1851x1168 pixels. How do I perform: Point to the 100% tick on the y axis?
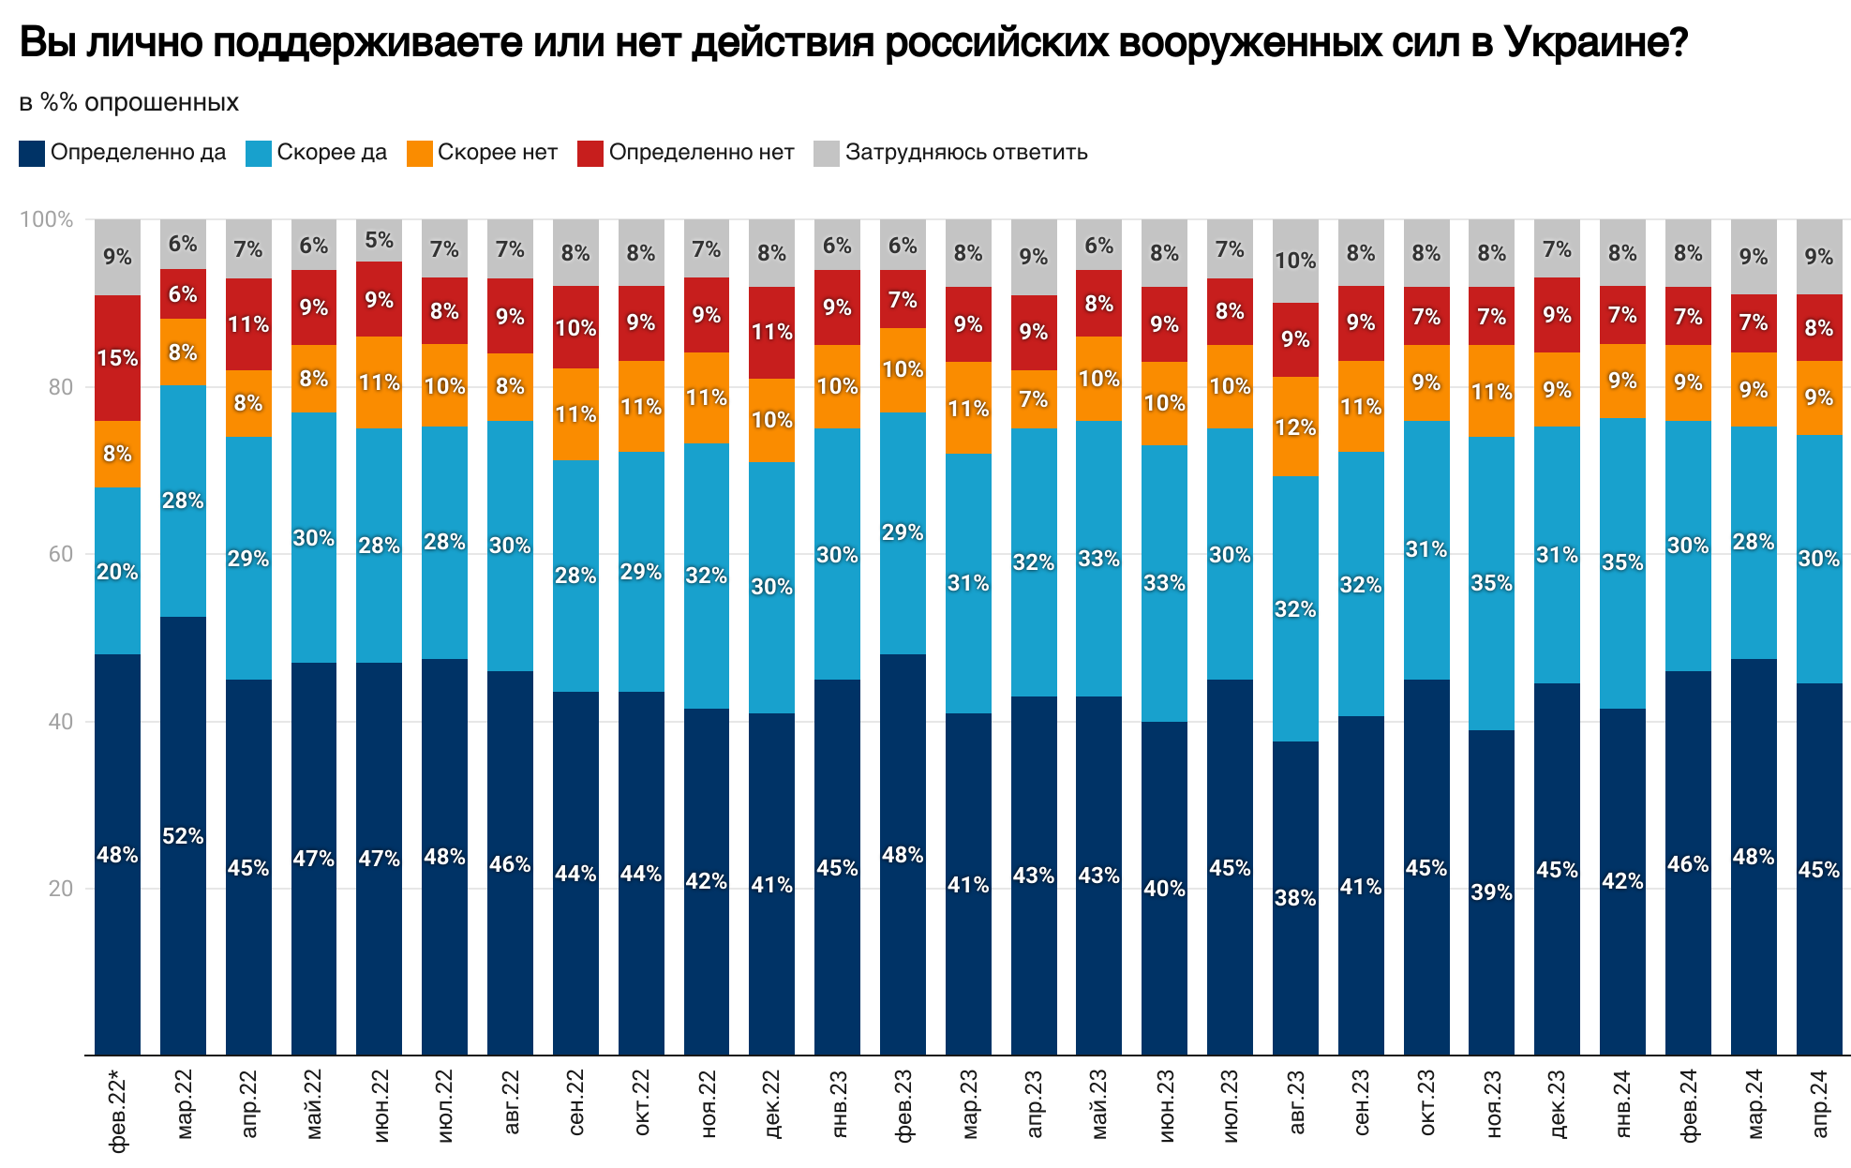[x=46, y=219]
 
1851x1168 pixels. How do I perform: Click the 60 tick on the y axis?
[x=60, y=554]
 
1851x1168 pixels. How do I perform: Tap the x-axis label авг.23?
[x=1296, y=1103]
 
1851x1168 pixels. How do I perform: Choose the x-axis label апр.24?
[x=1819, y=1103]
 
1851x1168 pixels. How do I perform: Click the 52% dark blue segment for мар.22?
[x=183, y=834]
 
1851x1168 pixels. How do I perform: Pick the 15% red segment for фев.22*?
[x=118, y=358]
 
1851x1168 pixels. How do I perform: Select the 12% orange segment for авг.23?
[x=1295, y=427]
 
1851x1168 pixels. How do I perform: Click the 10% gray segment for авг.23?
[x=1295, y=261]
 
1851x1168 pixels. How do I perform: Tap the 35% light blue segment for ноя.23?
[x=1491, y=583]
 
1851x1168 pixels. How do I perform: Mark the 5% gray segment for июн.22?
[x=380, y=240]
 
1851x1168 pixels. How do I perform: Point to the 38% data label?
[x=1295, y=898]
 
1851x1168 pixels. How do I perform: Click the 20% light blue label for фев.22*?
[x=118, y=571]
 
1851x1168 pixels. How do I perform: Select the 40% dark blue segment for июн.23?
[x=1165, y=888]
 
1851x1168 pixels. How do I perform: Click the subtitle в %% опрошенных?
[x=129, y=102]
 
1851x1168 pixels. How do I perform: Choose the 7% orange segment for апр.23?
[x=1034, y=399]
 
